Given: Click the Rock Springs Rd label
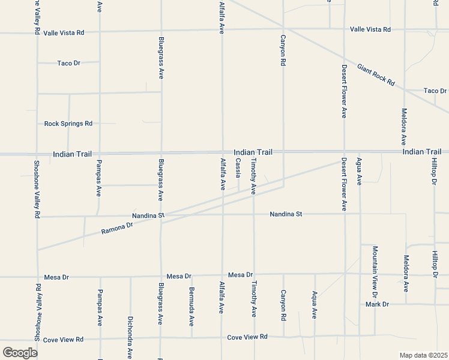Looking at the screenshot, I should coord(68,124).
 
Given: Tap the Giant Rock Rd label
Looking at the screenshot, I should coord(376,74).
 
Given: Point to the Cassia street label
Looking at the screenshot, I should coord(238,168).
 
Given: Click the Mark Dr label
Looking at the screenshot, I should coord(377,304).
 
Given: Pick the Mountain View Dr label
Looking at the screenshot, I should coord(375,272).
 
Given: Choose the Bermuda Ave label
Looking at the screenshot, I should coord(191,304).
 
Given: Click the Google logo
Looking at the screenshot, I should coord(20,352).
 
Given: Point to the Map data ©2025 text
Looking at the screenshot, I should coord(424,355).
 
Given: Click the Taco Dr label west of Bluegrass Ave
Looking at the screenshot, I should coord(68,63).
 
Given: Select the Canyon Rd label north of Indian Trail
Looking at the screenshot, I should coord(283,50).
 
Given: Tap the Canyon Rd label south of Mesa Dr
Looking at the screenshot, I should coord(283,305).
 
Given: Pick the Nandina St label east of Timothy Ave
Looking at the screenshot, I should coord(285,214).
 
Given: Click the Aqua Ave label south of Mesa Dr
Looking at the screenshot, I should coord(314,305).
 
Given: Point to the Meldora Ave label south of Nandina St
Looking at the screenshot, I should coord(406,273).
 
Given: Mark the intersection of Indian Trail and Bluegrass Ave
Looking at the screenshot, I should coord(160,154).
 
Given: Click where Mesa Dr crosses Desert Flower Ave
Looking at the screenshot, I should coord(345,274).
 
